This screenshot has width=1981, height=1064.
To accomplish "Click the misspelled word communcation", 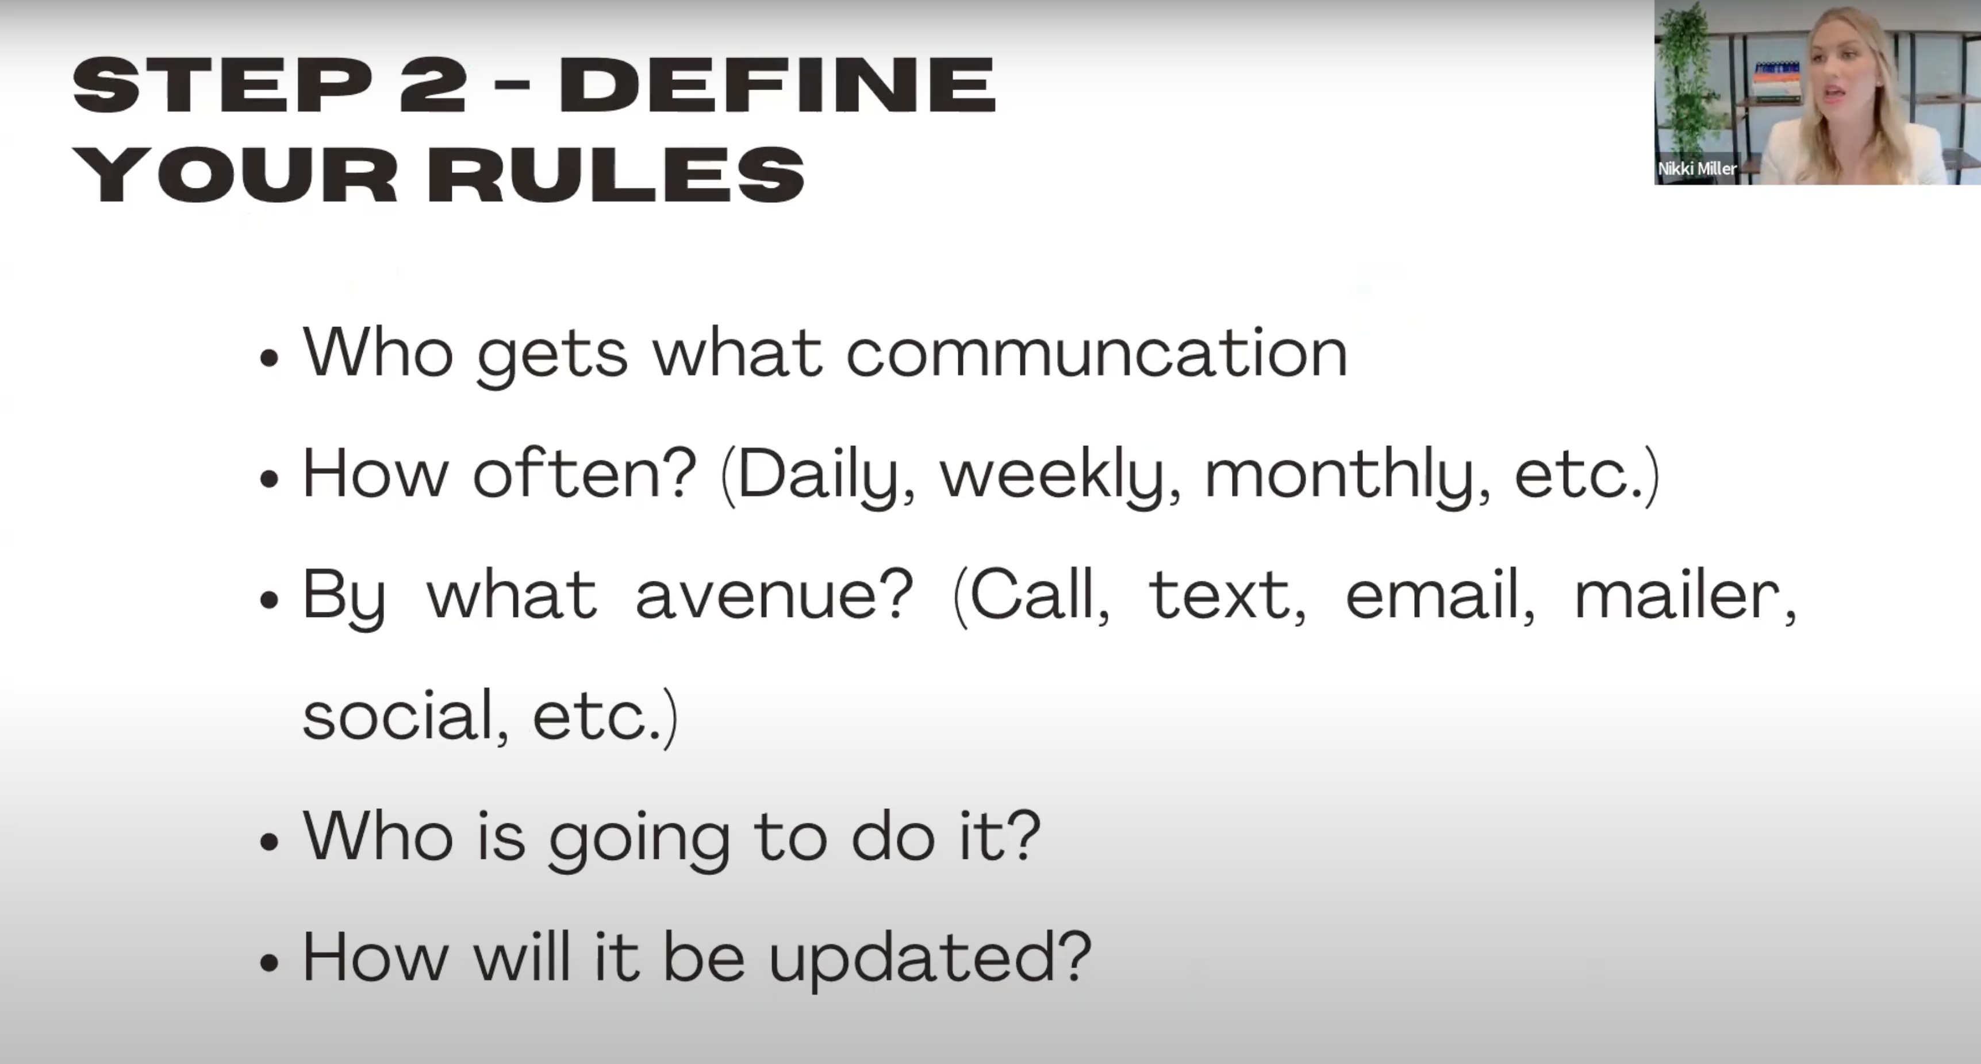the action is coord(1097,352).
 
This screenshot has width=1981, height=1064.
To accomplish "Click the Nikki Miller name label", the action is coord(1696,168).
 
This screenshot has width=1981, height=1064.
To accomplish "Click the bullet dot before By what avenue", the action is coord(268,600).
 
